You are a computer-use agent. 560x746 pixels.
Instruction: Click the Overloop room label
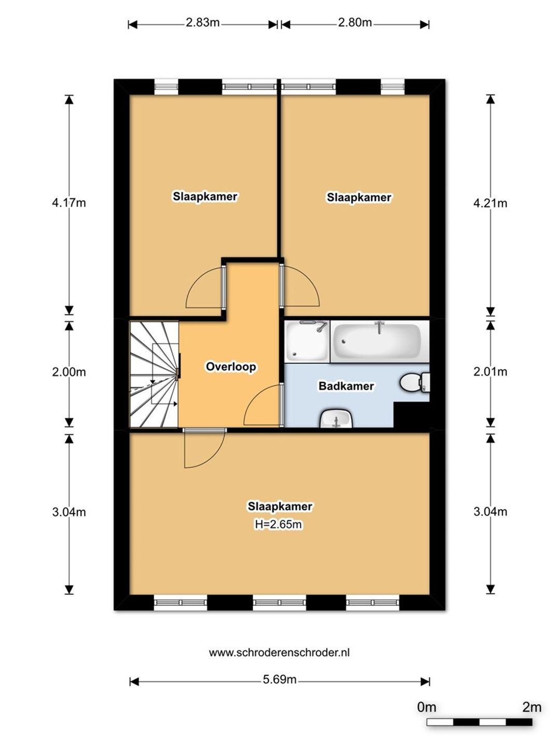click(x=231, y=367)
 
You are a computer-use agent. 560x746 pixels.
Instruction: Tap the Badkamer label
click(x=346, y=386)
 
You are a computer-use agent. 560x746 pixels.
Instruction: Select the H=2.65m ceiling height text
click(x=278, y=524)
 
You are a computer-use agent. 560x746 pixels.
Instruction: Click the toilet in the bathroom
click(x=415, y=383)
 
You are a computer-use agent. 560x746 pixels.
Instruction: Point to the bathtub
click(x=376, y=341)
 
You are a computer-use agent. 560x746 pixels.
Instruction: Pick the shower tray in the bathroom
click(x=306, y=341)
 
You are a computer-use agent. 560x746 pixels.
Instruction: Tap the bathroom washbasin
click(x=337, y=419)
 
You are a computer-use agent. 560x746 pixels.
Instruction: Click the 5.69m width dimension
click(x=279, y=680)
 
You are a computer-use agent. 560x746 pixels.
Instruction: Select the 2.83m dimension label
click(x=203, y=23)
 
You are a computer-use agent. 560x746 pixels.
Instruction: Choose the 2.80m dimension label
click(x=355, y=23)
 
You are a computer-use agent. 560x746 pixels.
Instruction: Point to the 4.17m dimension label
click(x=68, y=203)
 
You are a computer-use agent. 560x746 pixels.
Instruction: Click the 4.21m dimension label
click(x=491, y=203)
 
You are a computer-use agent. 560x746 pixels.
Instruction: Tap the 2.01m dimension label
click(x=491, y=372)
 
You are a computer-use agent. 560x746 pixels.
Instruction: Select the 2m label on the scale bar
click(x=532, y=708)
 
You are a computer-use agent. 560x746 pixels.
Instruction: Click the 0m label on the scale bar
click(x=427, y=708)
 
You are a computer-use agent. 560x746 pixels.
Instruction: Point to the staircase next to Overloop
click(x=154, y=375)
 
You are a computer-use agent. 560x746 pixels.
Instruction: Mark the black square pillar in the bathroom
click(x=412, y=414)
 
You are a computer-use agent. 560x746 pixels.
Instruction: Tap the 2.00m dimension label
click(x=68, y=372)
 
